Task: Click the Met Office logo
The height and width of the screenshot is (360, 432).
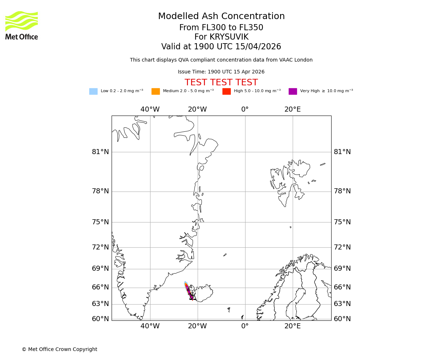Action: [22, 25]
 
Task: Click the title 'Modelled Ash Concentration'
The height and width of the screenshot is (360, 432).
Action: [221, 17]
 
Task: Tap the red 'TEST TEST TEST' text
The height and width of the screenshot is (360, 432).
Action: [221, 82]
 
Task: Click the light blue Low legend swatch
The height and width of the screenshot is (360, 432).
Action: [93, 91]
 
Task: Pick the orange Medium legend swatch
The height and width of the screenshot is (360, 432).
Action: [156, 91]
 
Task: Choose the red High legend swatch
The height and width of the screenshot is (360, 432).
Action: [226, 91]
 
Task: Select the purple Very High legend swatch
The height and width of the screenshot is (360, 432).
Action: [293, 91]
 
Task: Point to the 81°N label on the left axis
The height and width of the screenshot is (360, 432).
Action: [100, 152]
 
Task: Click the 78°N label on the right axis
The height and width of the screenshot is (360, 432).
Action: [342, 191]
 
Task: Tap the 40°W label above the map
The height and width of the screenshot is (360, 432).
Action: [150, 109]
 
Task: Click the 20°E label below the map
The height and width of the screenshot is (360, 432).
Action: [292, 327]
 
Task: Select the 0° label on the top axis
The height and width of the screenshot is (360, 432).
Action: [245, 109]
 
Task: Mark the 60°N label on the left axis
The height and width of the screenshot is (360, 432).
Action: [100, 319]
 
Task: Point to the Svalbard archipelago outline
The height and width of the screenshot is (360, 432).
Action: [288, 182]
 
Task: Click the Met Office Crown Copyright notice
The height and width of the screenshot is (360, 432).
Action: [59, 349]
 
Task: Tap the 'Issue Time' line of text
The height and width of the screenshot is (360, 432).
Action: [221, 72]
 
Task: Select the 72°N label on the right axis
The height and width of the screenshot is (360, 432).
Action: [342, 247]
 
